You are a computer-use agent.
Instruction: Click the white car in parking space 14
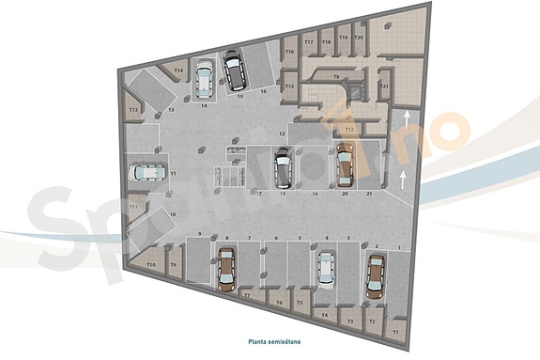click(204, 79)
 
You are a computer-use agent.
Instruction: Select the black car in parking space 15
click(232, 70)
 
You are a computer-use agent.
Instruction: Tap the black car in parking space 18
click(282, 167)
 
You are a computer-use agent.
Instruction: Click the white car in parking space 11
click(146, 172)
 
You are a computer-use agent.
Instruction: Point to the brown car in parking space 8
click(225, 268)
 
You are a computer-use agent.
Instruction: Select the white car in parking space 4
click(325, 268)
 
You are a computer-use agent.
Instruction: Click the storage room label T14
click(178, 70)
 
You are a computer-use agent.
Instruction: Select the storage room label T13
click(133, 111)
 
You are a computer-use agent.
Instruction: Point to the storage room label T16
click(290, 51)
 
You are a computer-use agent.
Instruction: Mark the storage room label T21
click(384, 86)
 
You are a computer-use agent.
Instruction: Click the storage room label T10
click(150, 266)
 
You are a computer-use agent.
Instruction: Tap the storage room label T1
click(395, 332)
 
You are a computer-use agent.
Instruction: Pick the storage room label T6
click(279, 302)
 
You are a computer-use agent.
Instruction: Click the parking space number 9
click(200, 232)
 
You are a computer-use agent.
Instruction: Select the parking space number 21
click(369, 193)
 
